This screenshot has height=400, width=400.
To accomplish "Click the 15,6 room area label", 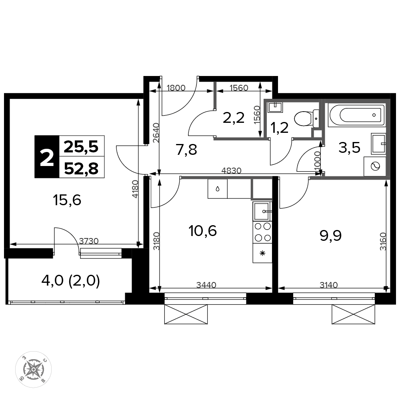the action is click(x=67, y=200).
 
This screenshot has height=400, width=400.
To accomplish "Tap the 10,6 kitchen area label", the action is click(x=202, y=231).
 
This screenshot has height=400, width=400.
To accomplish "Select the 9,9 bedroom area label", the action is click(x=331, y=236).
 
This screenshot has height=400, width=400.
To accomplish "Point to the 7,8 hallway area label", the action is click(x=186, y=150).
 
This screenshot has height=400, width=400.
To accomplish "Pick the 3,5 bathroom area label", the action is click(x=349, y=148).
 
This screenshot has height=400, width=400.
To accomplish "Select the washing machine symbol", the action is click(x=375, y=166).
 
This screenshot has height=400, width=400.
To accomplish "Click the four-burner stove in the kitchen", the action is click(x=263, y=232).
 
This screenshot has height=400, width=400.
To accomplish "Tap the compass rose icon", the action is click(x=34, y=369).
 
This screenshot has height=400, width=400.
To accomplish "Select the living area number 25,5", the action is click(x=81, y=147).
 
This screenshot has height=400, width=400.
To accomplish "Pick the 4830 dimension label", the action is click(x=231, y=170).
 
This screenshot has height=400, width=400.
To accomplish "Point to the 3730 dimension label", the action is click(x=88, y=241).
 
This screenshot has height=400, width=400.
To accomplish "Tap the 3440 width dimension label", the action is click(x=206, y=285).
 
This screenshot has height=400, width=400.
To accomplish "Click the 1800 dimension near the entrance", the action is click(x=176, y=88).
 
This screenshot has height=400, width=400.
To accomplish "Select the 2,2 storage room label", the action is click(x=234, y=118).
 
